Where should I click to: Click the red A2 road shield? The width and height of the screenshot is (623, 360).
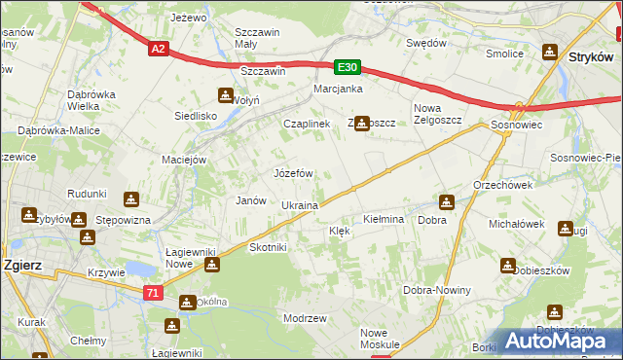point(159,50)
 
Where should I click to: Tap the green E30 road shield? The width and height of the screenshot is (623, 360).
point(348,67)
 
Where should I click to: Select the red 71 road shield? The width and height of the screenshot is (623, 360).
point(153,293)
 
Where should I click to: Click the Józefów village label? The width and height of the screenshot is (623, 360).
point(293,173)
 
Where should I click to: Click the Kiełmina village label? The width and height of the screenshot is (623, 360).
point(383,220)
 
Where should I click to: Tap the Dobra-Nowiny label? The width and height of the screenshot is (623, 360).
point(437,291)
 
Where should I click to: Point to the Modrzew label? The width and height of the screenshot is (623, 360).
point(304,318)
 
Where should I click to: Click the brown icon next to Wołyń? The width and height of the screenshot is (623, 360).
point(226,95)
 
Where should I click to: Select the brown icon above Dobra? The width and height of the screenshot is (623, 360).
point(446,202)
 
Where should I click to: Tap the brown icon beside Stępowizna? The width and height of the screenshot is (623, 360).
point(131,200)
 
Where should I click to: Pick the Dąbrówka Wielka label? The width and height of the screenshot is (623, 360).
point(93,100)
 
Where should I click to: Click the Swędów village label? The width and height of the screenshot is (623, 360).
point(426,43)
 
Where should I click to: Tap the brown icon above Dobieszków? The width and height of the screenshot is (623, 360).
point(508,265)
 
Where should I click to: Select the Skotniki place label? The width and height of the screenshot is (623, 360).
point(268,247)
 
